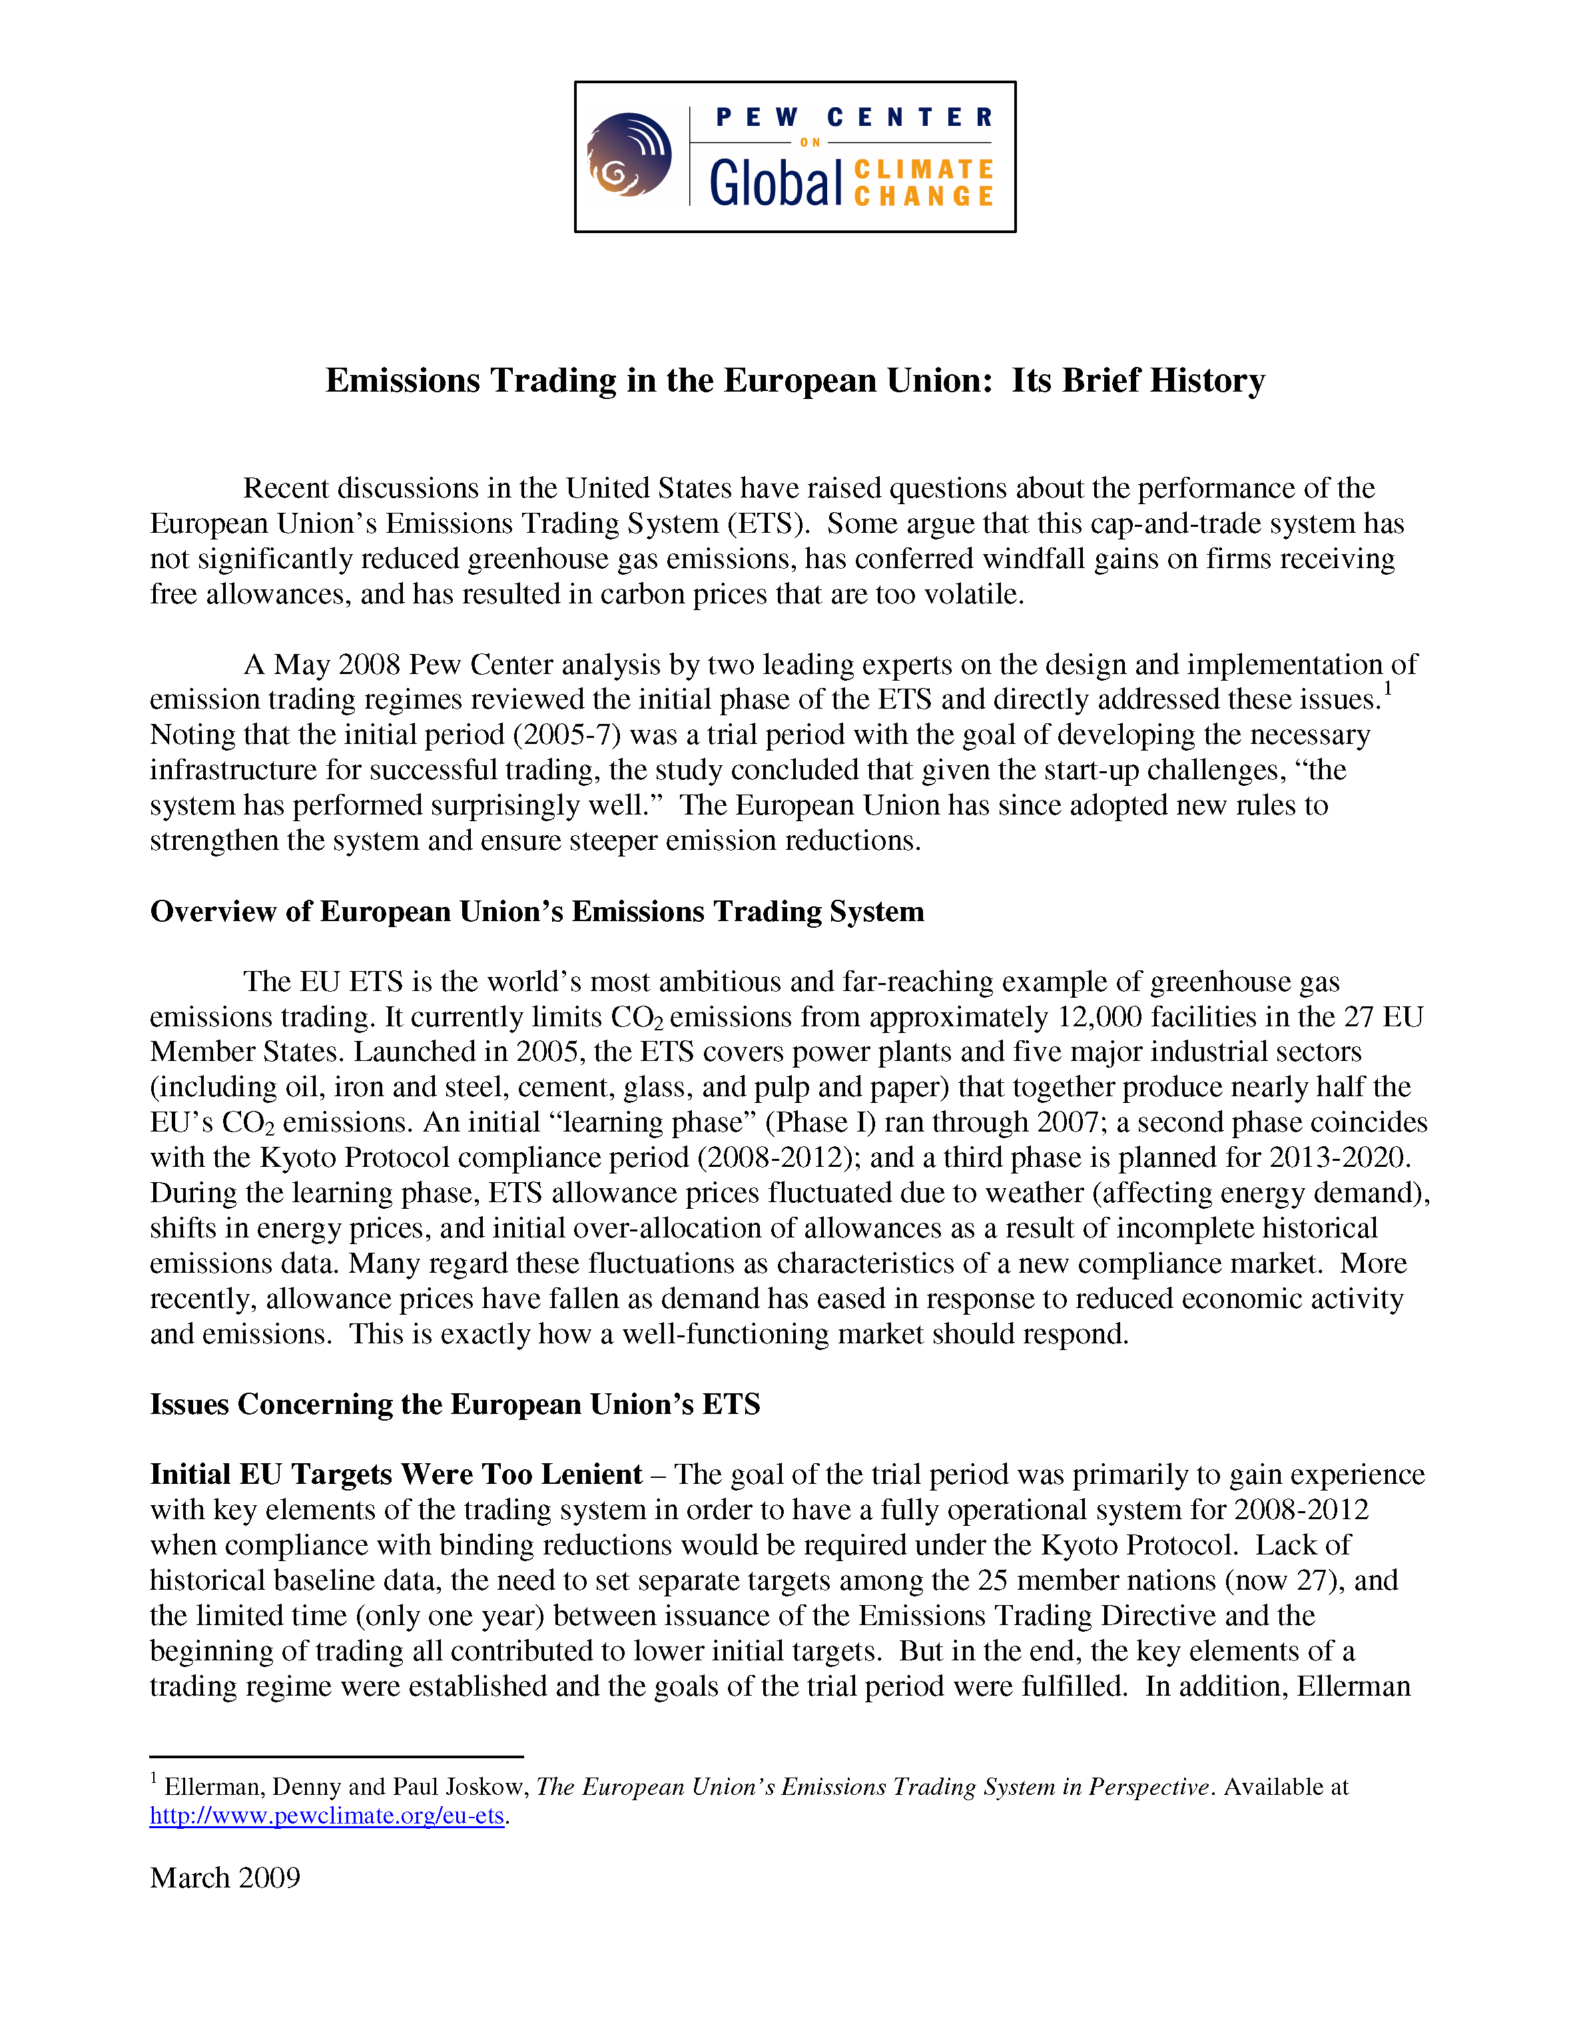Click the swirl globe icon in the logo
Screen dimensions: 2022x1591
629,155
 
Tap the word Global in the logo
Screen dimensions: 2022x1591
775,182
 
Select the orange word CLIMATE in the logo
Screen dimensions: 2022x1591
923,170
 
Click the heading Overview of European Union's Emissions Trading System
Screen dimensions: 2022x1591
537,912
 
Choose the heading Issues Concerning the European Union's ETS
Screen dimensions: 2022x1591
455,1405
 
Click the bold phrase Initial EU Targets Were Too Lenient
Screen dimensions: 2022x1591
396,1475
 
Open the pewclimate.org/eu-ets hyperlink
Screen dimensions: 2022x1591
327,1816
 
